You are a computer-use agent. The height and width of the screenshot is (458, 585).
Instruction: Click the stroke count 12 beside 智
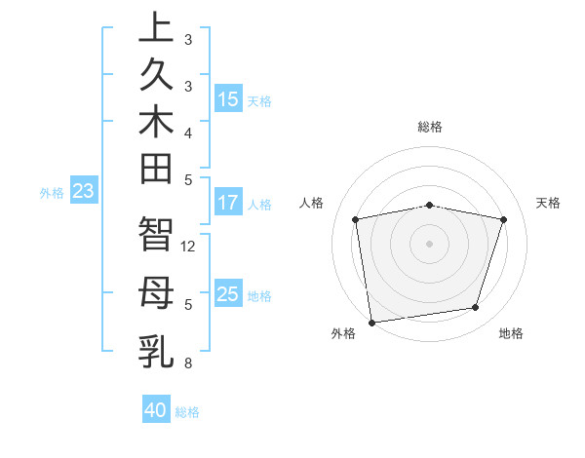pyautogui.click(x=189, y=247)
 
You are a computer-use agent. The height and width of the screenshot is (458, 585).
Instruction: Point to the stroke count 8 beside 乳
pyautogui.click(x=187, y=364)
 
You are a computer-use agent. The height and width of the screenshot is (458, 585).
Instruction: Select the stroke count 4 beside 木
pyautogui.click(x=187, y=133)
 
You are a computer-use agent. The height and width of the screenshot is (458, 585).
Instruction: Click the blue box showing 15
pyautogui.click(x=228, y=98)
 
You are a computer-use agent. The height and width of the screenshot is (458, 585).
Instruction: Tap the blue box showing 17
pyautogui.click(x=228, y=203)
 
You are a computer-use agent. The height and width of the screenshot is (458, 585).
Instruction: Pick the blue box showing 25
pyautogui.click(x=228, y=293)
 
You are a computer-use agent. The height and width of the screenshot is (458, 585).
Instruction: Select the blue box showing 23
pyautogui.click(x=84, y=191)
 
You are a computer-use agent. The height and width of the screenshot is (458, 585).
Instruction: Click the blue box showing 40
pyautogui.click(x=156, y=410)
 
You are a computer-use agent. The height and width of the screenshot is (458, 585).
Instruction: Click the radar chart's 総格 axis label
pyautogui.click(x=430, y=127)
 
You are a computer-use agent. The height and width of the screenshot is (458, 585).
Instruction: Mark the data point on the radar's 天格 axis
pyautogui.click(x=504, y=219)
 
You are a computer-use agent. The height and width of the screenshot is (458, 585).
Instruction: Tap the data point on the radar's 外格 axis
pyautogui.click(x=371, y=322)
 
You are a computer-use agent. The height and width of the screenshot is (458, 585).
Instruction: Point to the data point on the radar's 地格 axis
pyautogui.click(x=476, y=308)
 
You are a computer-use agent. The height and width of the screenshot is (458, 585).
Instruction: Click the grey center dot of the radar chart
pyautogui.click(x=430, y=243)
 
